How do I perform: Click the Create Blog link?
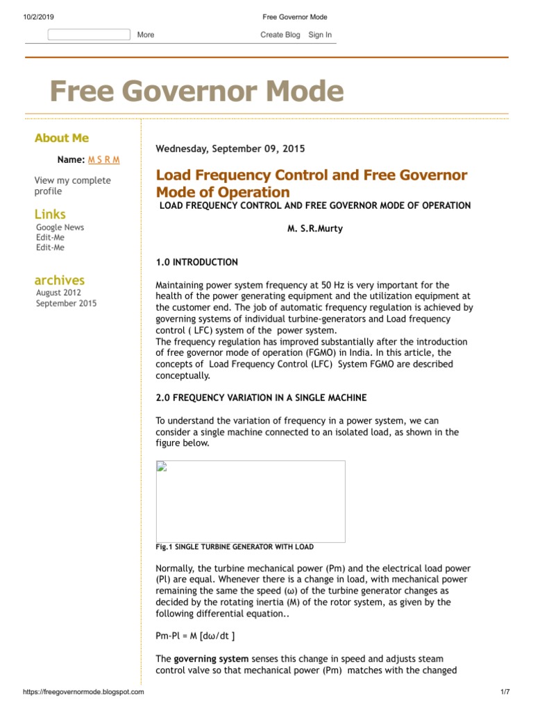280,35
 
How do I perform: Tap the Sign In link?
320,35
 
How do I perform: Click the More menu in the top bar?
146,35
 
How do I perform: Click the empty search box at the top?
88,35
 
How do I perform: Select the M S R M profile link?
103,159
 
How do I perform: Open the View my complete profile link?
72,186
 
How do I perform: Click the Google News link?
60,227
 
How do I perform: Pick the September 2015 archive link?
67,304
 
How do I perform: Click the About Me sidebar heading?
62,138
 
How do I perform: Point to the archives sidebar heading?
60,280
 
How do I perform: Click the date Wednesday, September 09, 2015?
230,148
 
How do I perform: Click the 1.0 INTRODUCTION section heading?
196,262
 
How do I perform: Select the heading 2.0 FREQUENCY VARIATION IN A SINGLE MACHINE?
261,397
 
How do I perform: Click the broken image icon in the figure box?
161,466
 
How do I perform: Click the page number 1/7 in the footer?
505,692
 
